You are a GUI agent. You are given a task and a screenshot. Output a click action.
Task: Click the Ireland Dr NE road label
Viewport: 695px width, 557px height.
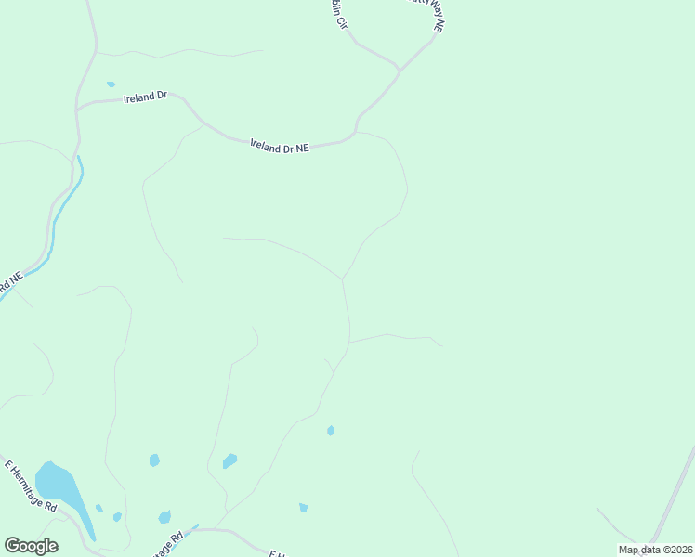point(279,147)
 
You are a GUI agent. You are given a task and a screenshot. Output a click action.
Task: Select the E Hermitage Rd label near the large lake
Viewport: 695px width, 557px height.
point(31,486)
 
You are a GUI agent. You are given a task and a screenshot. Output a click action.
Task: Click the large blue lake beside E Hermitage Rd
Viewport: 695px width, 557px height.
point(56,483)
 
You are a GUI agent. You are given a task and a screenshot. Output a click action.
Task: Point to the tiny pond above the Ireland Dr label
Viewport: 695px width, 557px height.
point(111,84)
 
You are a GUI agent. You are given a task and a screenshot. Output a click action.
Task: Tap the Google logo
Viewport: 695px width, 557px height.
point(31,546)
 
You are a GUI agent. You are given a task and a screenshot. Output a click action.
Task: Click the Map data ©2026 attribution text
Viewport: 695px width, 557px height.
point(655,550)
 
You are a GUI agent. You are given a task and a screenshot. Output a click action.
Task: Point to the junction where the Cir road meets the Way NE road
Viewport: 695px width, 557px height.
point(399,70)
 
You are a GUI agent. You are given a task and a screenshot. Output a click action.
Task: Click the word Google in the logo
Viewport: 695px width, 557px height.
point(31,546)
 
